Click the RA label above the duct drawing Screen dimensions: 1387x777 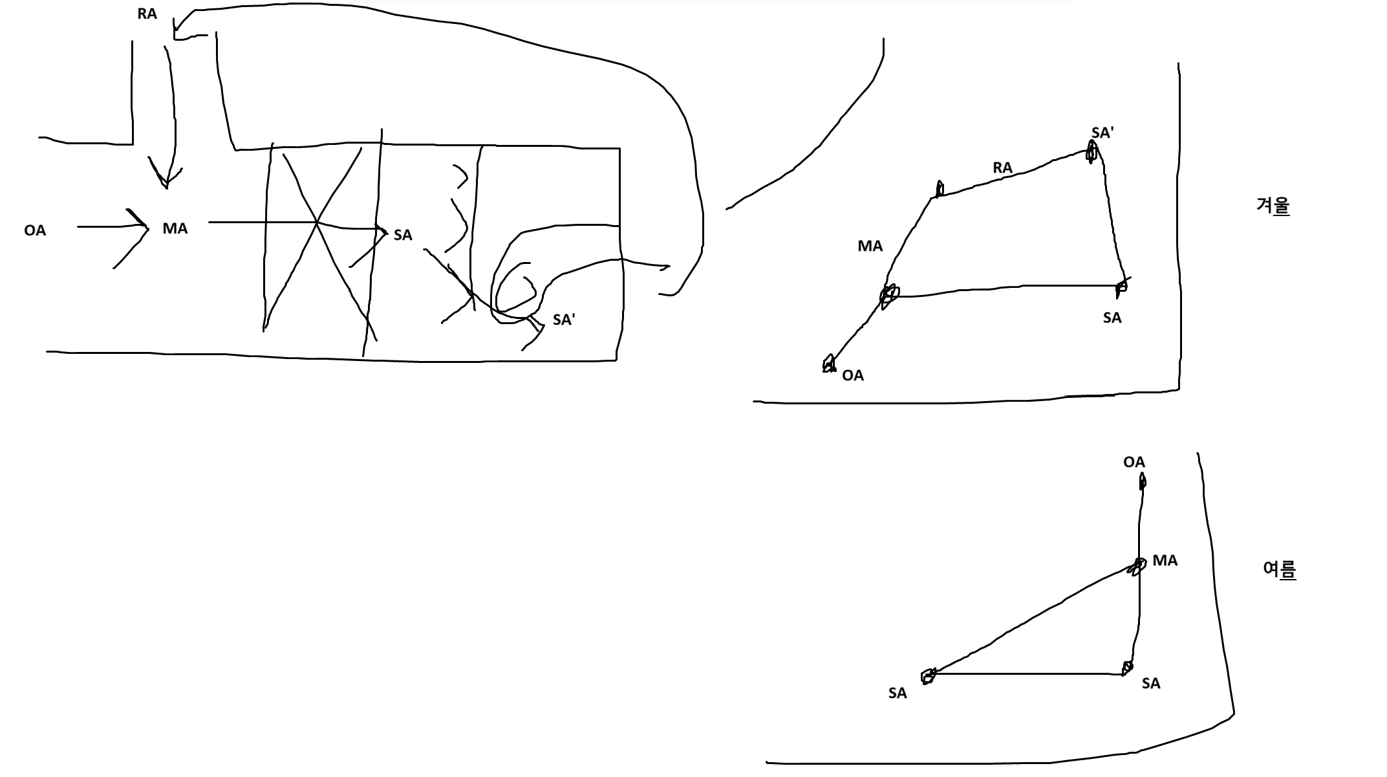(147, 14)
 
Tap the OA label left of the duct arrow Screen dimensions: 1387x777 (35, 231)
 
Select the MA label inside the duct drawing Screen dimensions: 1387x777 (175, 228)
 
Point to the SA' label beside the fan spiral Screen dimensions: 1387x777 (563, 320)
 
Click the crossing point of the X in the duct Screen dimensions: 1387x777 (316, 223)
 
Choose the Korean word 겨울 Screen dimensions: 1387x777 (1273, 206)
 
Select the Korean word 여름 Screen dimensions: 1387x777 (1279, 569)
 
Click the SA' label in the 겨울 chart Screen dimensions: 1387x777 (1102, 133)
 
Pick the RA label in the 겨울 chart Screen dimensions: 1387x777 (1002, 168)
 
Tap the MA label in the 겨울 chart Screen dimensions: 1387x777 (870, 246)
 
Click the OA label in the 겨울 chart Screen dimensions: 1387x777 (853, 375)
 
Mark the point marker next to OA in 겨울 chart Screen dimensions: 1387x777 (828, 364)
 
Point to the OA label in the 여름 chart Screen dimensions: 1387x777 (1134, 462)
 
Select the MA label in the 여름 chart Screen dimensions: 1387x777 (1165, 561)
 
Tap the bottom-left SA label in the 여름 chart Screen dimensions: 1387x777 (898, 693)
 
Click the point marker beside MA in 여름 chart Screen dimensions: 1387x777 (1137, 567)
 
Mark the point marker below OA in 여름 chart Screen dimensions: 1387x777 (1143, 481)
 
